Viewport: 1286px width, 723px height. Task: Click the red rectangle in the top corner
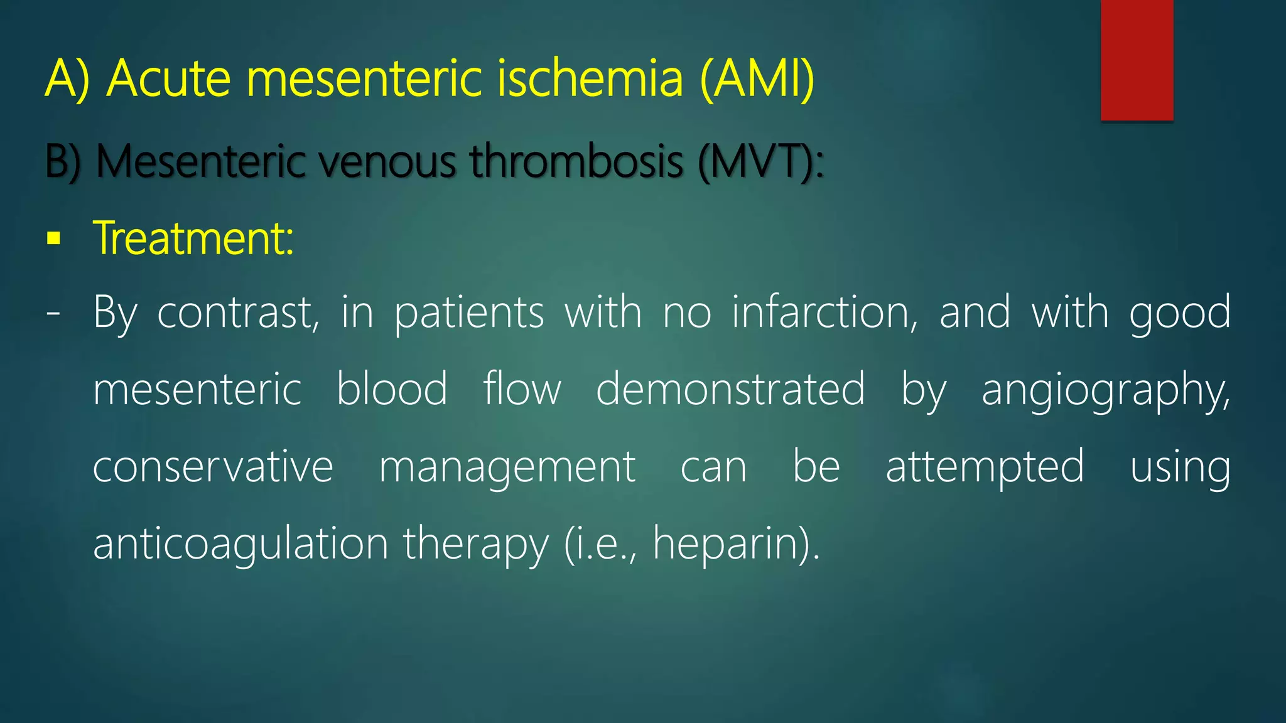tap(1137, 60)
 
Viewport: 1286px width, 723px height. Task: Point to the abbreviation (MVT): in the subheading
tap(760, 162)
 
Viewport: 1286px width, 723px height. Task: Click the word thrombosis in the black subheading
tap(576, 162)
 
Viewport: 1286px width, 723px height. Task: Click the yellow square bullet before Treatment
tap(54, 238)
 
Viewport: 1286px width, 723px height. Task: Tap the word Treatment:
tap(193, 238)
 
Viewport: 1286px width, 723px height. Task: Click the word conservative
tap(213, 467)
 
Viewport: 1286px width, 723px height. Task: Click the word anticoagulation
tap(240, 544)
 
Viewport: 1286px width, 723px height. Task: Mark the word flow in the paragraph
tap(522, 389)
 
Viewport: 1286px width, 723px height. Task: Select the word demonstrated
tap(730, 389)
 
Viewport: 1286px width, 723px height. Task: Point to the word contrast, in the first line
tap(238, 312)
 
